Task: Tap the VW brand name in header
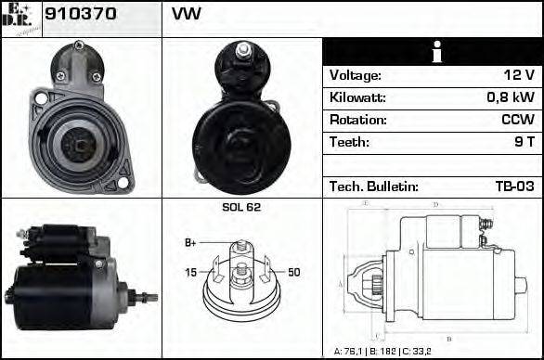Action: tap(187, 15)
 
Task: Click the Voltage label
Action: tap(355, 75)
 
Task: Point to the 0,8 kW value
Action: tap(510, 97)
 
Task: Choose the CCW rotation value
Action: tap(515, 120)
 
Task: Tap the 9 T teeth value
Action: tap(522, 142)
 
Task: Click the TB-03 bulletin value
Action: tap(513, 186)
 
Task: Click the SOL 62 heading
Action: tap(241, 207)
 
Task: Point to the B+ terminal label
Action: tap(190, 243)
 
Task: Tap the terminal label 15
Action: tap(190, 272)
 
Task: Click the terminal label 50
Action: tap(294, 272)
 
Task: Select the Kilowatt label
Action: tap(357, 97)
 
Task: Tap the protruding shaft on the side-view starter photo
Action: tap(146, 297)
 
